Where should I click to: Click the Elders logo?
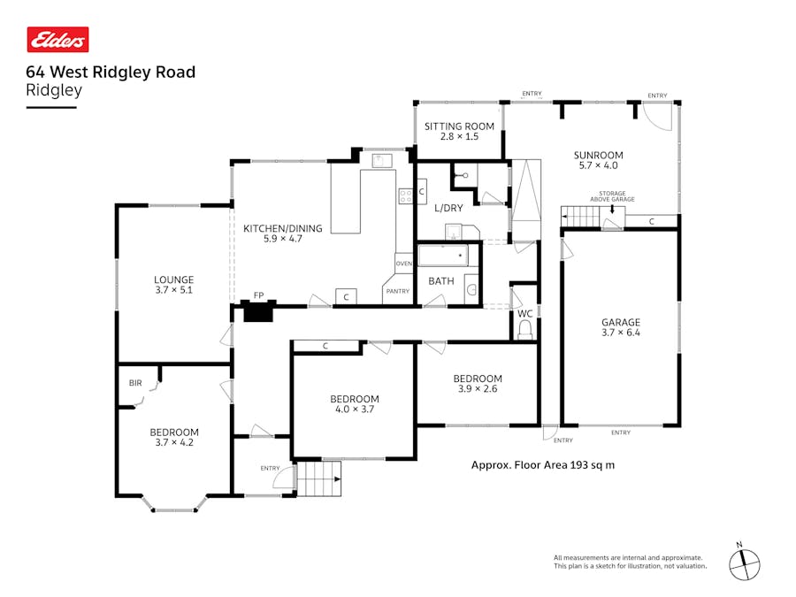pos(57,40)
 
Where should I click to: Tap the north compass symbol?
pos(744,563)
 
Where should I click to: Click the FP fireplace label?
pos(258,295)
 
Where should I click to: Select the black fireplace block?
pos(258,310)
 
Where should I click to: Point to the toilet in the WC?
pos(524,331)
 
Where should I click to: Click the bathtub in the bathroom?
pos(443,256)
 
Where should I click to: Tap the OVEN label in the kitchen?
pos(404,264)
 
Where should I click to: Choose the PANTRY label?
pos(397,291)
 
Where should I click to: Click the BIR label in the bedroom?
pos(135,383)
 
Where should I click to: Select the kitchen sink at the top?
pos(381,161)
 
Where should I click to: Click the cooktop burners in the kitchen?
pos(406,196)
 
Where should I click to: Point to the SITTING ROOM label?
pos(459,126)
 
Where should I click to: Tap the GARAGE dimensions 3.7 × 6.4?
pos(621,333)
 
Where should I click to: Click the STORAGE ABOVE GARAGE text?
pos(612,196)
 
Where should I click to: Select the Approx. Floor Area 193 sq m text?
pos(543,465)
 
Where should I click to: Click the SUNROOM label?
pos(599,156)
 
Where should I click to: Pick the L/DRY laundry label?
pos(448,208)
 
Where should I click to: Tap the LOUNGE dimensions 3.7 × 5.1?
pos(173,290)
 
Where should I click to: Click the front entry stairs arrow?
pos(338,478)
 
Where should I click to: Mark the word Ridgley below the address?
pos(54,91)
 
